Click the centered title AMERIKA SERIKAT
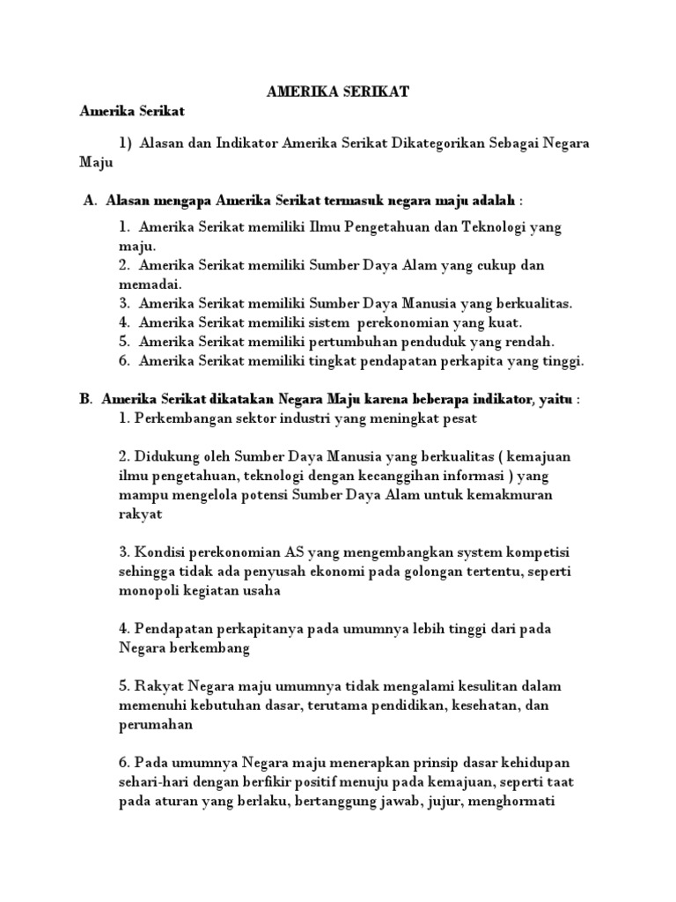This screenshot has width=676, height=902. click(x=337, y=91)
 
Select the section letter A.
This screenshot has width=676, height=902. click(x=90, y=201)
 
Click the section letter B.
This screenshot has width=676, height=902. click(x=85, y=399)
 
